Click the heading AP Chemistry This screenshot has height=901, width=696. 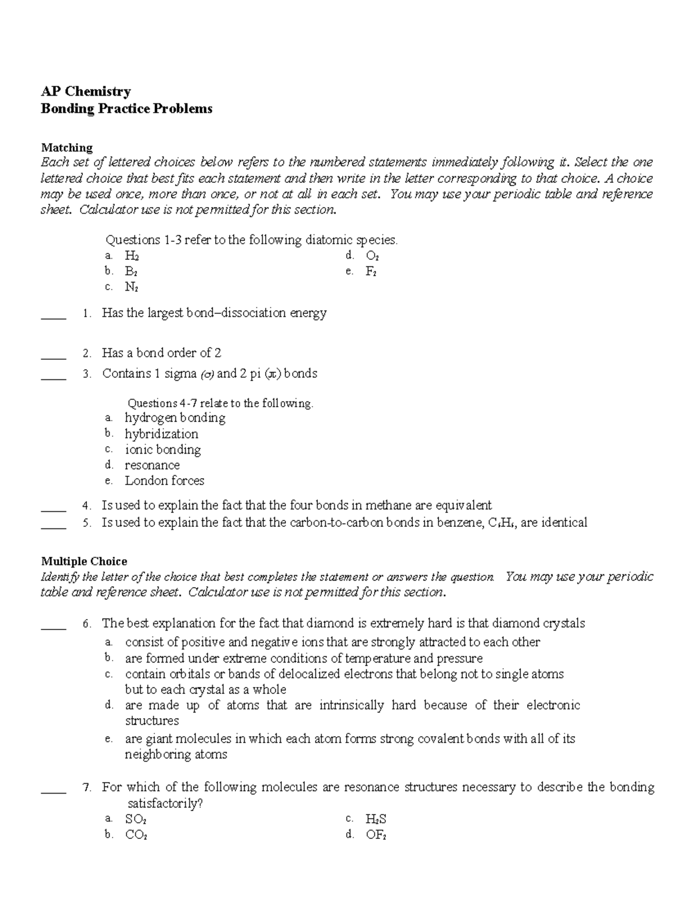click(x=85, y=91)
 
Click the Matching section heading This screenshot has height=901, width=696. click(x=67, y=147)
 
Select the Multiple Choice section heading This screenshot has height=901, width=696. click(x=84, y=561)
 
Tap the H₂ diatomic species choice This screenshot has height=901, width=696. click(x=132, y=256)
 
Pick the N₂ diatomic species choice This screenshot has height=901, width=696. click(x=132, y=287)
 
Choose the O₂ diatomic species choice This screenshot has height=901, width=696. click(x=372, y=256)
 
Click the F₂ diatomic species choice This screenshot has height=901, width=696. click(x=371, y=272)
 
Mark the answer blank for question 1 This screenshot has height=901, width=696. click(x=54, y=316)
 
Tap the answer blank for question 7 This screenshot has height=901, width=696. click(x=54, y=790)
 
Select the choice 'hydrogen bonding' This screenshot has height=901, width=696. click(x=175, y=418)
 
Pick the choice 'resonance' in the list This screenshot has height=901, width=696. click(x=152, y=465)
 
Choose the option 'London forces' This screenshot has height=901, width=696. click(x=164, y=480)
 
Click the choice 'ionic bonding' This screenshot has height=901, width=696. click(x=162, y=449)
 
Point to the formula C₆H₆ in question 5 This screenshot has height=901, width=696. click(x=501, y=523)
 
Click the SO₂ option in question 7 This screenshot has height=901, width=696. click(x=136, y=819)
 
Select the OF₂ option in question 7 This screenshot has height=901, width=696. click(x=376, y=835)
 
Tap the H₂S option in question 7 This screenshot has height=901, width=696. click(x=376, y=819)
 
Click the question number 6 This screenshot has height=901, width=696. click(x=87, y=624)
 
